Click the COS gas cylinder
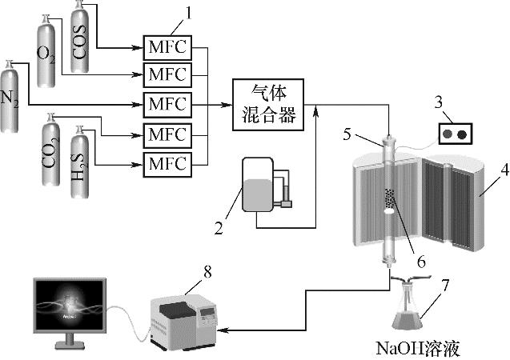pos(80,40)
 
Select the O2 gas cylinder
pos(47,56)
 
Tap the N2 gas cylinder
pos(11,100)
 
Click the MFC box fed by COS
pos(166,47)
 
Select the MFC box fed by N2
pos(166,104)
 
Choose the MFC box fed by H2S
pos(166,164)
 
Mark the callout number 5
pos(347,134)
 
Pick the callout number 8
pos(207,272)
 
